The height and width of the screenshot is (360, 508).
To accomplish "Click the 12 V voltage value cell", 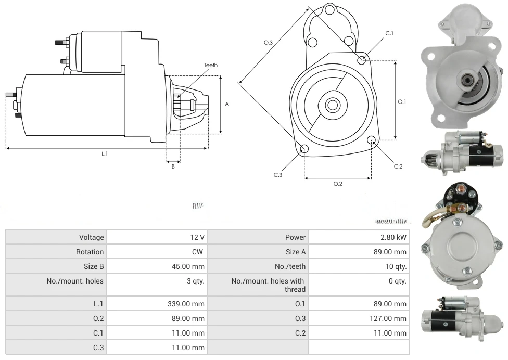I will click(x=197, y=237).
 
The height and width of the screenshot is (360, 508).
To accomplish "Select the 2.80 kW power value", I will click(x=393, y=237).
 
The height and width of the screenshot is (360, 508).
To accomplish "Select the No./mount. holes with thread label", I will click(x=268, y=285).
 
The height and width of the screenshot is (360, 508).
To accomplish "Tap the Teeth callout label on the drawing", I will click(x=210, y=65).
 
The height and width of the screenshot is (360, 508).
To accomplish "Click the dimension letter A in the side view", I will click(x=227, y=104).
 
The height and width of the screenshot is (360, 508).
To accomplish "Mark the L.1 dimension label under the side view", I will click(x=105, y=154).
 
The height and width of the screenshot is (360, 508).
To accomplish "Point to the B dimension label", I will click(x=173, y=166).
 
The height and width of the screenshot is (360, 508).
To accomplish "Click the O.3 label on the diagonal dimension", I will click(x=269, y=43).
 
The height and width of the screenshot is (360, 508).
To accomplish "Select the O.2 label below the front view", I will click(x=337, y=184).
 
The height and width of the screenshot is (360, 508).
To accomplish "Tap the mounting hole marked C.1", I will click(x=362, y=60).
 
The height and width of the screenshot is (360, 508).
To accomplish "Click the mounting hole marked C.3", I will click(x=304, y=150).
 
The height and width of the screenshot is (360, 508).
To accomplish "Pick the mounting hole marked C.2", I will click(x=372, y=140).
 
